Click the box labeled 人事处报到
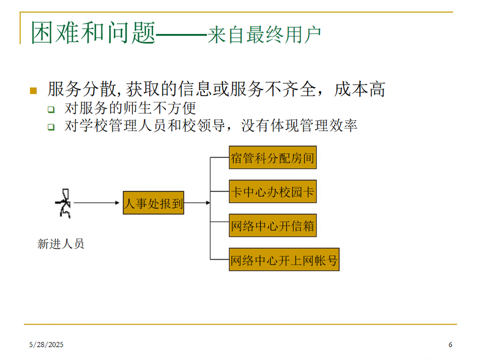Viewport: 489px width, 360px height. pyautogui.click(x=153, y=203)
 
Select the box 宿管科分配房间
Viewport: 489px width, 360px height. pyautogui.click(x=272, y=158)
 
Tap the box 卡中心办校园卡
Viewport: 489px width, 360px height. pyautogui.click(x=272, y=192)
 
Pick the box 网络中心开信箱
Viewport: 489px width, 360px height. pyautogui.click(x=272, y=226)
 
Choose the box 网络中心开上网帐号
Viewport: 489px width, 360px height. pyautogui.click(x=284, y=260)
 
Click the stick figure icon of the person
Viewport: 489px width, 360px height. pyautogui.click(x=64, y=203)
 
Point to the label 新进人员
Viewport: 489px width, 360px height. pyautogui.click(x=61, y=244)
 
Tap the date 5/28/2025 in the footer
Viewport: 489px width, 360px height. pyautogui.click(x=46, y=344)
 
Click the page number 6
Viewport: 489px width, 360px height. pyautogui.click(x=450, y=344)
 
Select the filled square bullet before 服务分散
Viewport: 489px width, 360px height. pyautogui.click(x=34, y=91)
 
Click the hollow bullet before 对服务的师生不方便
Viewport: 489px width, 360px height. pyautogui.click(x=51, y=110)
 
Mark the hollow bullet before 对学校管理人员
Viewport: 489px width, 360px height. pyautogui.click(x=51, y=127)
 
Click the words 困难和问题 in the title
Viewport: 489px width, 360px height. pyautogui.click(x=93, y=33)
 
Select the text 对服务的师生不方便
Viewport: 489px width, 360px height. pyautogui.click(x=130, y=109)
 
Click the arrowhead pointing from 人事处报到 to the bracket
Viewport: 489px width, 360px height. pyautogui.click(x=207, y=203)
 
